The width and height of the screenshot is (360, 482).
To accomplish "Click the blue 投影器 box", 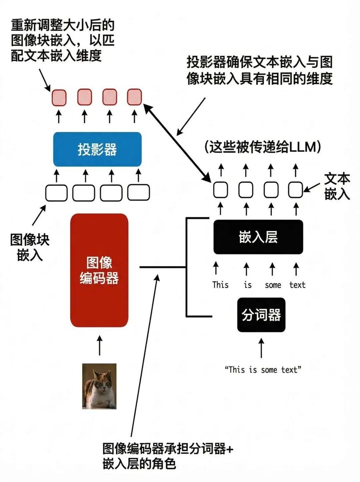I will [x=97, y=149].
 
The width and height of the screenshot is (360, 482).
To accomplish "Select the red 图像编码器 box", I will [x=99, y=270].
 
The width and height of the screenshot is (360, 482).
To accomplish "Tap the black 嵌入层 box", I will [x=258, y=237].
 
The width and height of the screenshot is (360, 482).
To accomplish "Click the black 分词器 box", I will [x=261, y=315].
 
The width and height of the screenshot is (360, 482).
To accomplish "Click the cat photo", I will [x=99, y=386].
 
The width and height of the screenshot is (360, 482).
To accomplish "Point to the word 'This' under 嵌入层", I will [x=220, y=285].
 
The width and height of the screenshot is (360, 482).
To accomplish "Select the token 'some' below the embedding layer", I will [x=272, y=285].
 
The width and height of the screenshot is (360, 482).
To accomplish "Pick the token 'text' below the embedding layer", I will [x=297, y=285].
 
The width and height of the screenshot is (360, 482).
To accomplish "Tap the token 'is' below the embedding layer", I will [x=247, y=285].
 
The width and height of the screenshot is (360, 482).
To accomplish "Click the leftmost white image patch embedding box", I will [x=57, y=192].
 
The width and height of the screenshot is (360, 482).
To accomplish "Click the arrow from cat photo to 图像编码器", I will [x=99, y=346].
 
